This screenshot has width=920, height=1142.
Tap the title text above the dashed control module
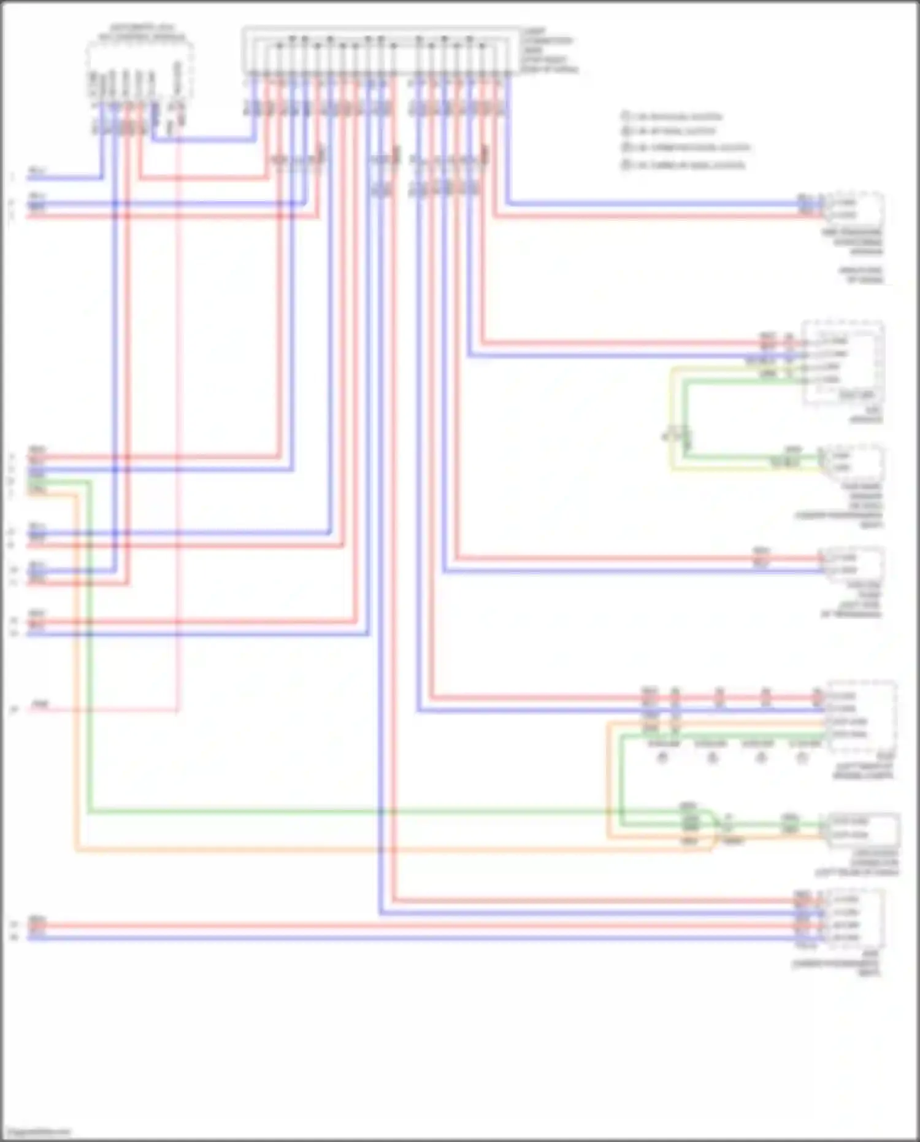click(142, 33)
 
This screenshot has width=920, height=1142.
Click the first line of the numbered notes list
click(672, 116)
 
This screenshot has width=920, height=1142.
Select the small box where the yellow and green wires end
click(856, 462)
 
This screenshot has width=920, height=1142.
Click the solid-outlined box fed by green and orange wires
click(863, 830)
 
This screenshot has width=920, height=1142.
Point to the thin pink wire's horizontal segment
click(110, 711)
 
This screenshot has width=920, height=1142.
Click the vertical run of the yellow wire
click(671, 417)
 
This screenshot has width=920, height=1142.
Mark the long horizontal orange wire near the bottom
click(368, 851)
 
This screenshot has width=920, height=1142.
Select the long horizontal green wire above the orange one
click(368, 812)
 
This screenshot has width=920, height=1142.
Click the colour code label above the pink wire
click(40, 704)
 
